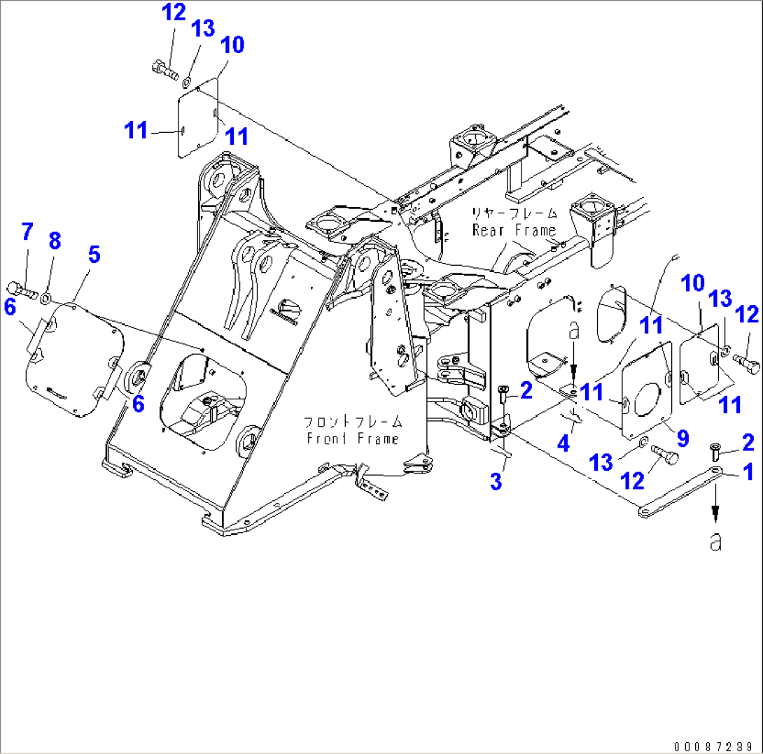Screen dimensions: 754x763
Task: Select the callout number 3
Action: coord(496,481)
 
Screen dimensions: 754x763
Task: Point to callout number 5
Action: coord(93,255)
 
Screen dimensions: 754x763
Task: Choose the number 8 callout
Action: coord(55,241)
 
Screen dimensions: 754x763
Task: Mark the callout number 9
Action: coord(682,439)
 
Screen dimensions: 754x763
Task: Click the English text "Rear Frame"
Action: coord(514,230)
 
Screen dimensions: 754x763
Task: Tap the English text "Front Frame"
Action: coord(352,439)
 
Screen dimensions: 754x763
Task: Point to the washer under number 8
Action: coord(45,299)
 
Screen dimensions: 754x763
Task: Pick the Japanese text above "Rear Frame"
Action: coord(513,213)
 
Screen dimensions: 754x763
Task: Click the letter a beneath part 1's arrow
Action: coord(715,541)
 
